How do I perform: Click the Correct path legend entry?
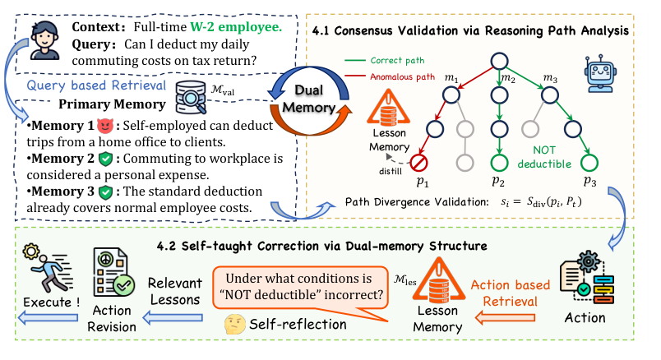pyautogui.click(x=394, y=60)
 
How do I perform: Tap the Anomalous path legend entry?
pyautogui.click(x=399, y=77)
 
